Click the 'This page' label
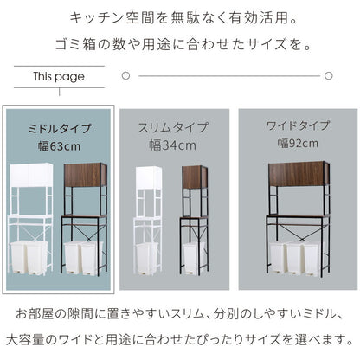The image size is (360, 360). coord(59,77)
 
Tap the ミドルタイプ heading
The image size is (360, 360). coord(60,129)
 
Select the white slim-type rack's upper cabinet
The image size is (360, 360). coord(149,177)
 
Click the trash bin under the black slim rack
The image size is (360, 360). coord(194,256)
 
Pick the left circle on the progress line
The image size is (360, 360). coord(126,76)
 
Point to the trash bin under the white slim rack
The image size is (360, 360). coord(148,256)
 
